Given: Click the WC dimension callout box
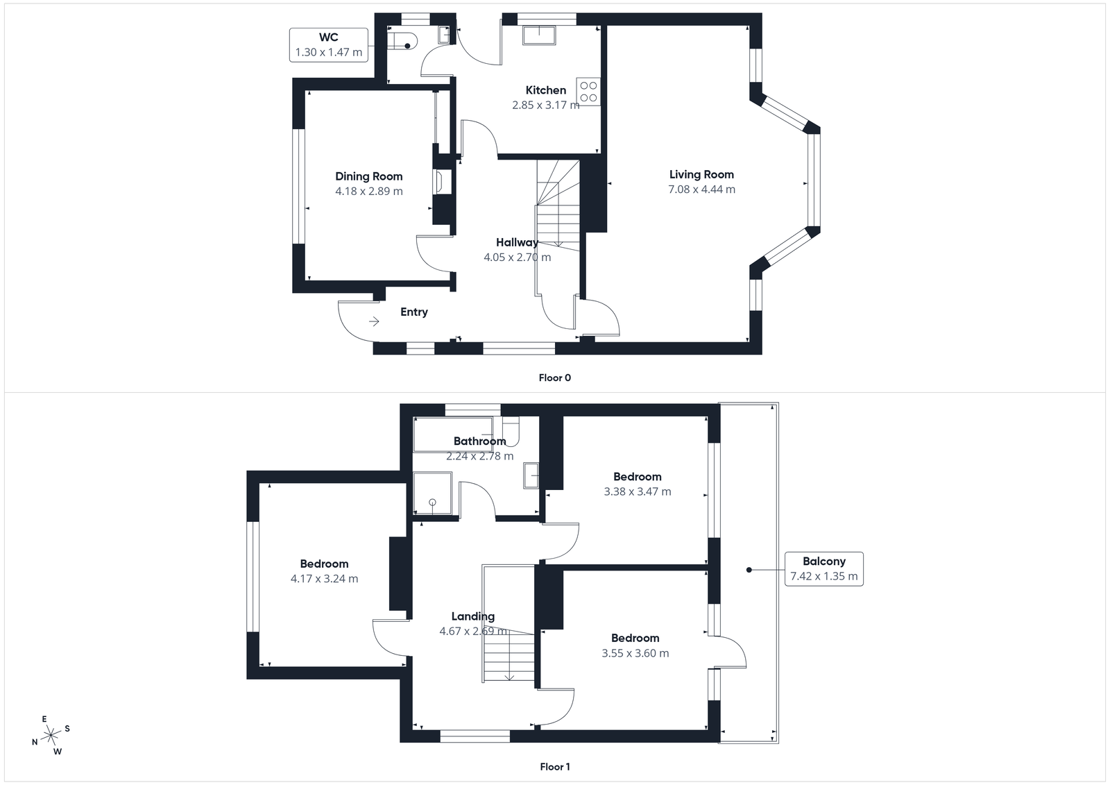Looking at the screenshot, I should (x=328, y=44).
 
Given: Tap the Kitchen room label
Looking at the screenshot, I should (x=545, y=90).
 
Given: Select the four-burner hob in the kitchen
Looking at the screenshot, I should (x=588, y=92).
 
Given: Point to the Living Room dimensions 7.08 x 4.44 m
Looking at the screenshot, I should (x=701, y=189).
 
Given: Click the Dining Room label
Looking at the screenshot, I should (x=368, y=176).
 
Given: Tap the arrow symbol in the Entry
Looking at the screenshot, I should (x=374, y=321).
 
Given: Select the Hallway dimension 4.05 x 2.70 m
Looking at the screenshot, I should (x=517, y=258).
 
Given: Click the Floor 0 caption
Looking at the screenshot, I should (x=554, y=378).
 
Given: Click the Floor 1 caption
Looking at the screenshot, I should (x=554, y=767).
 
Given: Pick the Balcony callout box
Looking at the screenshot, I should (x=823, y=569).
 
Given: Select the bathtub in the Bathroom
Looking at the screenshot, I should (x=451, y=434).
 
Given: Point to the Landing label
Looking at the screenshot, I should (x=472, y=616).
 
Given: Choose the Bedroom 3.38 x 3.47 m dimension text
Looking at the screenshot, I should (x=637, y=491).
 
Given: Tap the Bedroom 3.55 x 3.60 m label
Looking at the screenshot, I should (x=635, y=639).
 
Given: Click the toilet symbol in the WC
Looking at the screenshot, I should (x=402, y=41).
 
